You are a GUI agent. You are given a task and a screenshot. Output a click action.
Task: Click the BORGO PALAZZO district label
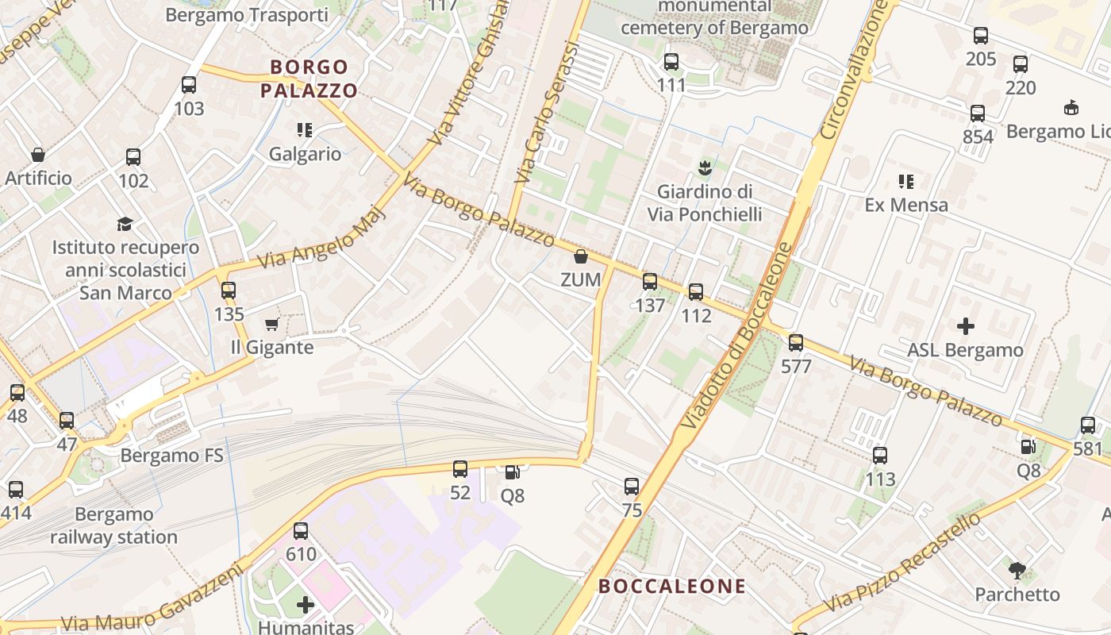pos(309,79)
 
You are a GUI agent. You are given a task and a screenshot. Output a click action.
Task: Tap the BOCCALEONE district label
pos(672,587)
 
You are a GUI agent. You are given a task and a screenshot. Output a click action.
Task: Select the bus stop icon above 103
pos(189,85)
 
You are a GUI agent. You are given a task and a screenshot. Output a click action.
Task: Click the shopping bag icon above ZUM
pos(581,256)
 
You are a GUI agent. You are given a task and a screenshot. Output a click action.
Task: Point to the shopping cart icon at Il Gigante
pos(271,324)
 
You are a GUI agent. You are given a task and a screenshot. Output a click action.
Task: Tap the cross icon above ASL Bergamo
pos(965,325)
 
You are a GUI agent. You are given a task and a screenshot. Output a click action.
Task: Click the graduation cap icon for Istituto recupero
pos(125,224)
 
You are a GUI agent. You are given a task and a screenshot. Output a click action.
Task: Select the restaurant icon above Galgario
pos(305,129)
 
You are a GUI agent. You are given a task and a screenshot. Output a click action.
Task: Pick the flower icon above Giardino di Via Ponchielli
pos(704,167)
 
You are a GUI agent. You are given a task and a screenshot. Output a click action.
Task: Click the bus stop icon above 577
pos(796,343)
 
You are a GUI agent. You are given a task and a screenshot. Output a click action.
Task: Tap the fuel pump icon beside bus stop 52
pos(513,472)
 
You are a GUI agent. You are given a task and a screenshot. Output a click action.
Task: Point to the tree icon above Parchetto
pos(1017,570)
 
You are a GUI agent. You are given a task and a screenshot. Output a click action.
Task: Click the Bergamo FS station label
pos(171,456)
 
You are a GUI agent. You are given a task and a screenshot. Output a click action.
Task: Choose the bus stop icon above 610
pos(301,531)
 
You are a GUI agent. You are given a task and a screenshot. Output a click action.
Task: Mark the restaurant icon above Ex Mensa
pos(905,182)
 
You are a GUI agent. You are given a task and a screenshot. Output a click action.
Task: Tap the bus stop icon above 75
pos(632,487)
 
